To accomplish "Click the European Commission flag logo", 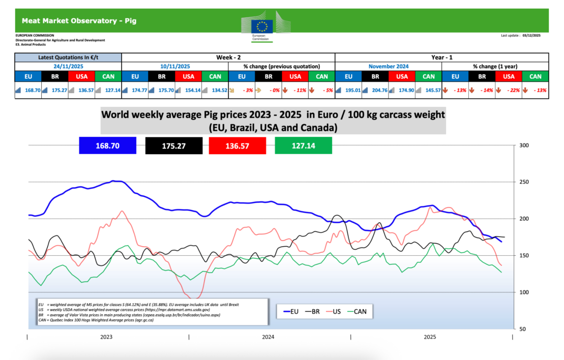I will point(263,25).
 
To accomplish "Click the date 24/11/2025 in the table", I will point(68,66).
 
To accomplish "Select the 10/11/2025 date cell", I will point(174,66).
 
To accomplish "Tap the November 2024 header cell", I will point(388,66).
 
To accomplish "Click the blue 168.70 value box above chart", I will point(108,145).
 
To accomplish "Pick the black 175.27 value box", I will point(173,145).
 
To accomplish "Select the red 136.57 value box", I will point(238,145).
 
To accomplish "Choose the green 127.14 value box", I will point(303,145).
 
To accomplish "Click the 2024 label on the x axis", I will point(268,337).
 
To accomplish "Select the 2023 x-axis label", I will point(107,337).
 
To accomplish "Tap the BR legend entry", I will point(312,311).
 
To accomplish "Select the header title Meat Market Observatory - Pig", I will point(79,21).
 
